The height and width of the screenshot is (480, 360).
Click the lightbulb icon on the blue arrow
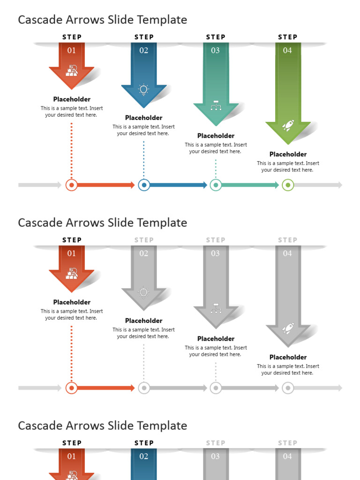click(x=143, y=89)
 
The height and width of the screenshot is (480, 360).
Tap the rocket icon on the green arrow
click(x=288, y=125)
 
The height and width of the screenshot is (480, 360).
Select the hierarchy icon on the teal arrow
click(x=216, y=105)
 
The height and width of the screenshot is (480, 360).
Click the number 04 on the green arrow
click(x=287, y=50)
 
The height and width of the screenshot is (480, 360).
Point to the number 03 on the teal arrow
click(x=215, y=50)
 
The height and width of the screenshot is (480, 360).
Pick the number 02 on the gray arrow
click(x=143, y=253)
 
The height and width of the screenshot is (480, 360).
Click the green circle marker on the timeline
click(x=288, y=185)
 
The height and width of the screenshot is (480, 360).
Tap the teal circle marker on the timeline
click(x=216, y=185)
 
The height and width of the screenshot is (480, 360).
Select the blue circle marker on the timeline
click(x=144, y=185)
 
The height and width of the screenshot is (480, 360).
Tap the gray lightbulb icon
click(x=143, y=292)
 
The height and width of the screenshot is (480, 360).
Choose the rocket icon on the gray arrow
click(x=288, y=328)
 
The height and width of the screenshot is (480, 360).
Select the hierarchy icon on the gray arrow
click(x=216, y=308)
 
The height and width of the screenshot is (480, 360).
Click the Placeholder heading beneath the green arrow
click(x=288, y=154)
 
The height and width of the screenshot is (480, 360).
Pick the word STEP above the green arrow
click(x=287, y=37)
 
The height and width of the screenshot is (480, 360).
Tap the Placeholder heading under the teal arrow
click(x=216, y=136)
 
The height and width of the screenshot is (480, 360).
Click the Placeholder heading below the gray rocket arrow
click(x=288, y=357)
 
